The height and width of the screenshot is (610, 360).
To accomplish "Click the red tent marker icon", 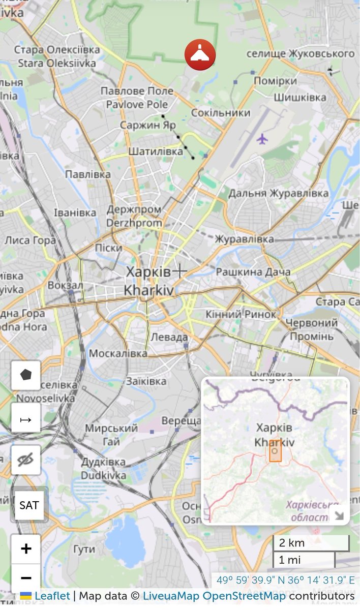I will pyautogui.click(x=200, y=55).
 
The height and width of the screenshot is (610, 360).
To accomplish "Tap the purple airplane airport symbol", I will pyautogui.click(x=262, y=138).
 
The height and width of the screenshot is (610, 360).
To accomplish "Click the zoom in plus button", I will pyautogui.click(x=26, y=549).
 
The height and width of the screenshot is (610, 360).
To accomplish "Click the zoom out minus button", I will pyautogui.click(x=26, y=578).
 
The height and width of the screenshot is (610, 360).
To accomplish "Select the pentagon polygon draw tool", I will pyautogui.click(x=26, y=375).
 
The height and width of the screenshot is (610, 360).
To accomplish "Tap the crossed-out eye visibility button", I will pyautogui.click(x=26, y=460).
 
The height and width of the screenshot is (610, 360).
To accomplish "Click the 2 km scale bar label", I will pyautogui.click(x=292, y=543).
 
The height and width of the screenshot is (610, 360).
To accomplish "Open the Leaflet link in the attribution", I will pyautogui.click(x=52, y=596).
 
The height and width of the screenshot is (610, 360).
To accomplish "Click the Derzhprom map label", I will pyautogui.click(x=134, y=223).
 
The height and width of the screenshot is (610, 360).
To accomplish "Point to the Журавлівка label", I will pyautogui.click(x=244, y=239).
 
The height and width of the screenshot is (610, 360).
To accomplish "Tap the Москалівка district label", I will pyautogui.click(x=118, y=353).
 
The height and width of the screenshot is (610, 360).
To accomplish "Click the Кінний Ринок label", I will pyautogui.click(x=241, y=315).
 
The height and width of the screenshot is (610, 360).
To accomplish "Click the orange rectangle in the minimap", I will pyautogui.click(x=275, y=451).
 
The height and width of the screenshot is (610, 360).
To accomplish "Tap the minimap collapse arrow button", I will pyautogui.click(x=338, y=515).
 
